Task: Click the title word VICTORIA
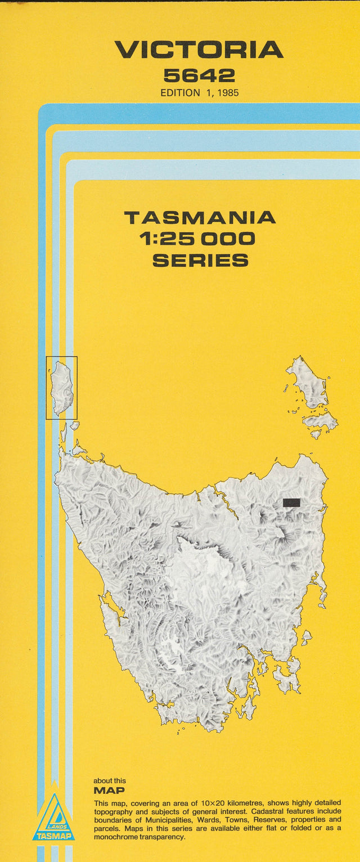point(199,50)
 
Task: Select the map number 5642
point(199,75)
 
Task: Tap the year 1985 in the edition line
point(227,93)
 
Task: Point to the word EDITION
point(180,93)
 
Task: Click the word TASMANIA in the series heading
point(200,217)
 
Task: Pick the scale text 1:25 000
point(197,239)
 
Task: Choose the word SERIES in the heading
point(200,261)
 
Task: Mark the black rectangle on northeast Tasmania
point(291,502)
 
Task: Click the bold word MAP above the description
point(109,791)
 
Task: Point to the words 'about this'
point(110,781)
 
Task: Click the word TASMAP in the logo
point(53,836)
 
